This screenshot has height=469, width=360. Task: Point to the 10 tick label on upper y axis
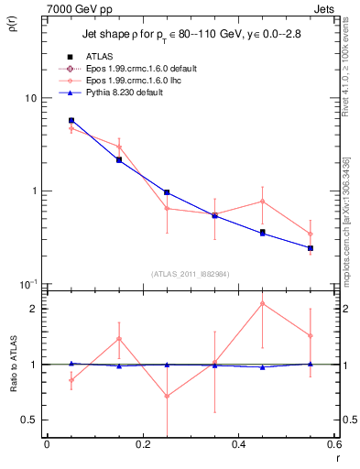click(x=29, y=98)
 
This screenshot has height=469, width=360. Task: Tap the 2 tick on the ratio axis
click(x=34, y=309)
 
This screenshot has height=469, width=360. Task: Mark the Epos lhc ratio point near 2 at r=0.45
click(x=263, y=303)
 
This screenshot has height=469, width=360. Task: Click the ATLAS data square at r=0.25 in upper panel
click(x=167, y=192)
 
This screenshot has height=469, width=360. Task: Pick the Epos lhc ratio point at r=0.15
click(x=119, y=339)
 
